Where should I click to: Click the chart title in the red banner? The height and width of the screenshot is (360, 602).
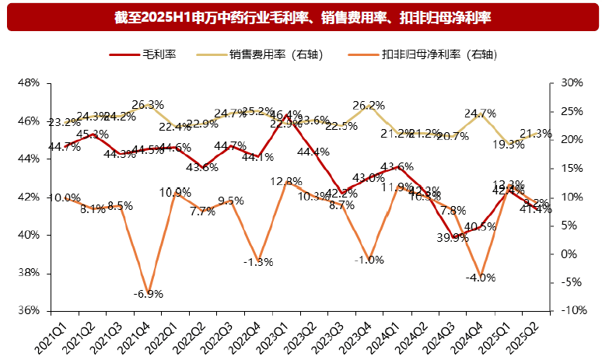point(301,16)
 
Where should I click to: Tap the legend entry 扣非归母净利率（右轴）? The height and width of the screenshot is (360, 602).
point(439,54)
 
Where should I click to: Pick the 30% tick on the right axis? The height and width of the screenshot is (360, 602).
point(571,82)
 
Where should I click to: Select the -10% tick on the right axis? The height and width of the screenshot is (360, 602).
point(572,311)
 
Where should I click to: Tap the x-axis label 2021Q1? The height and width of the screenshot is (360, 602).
point(49,335)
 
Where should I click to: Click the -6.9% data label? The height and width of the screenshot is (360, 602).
point(147,294)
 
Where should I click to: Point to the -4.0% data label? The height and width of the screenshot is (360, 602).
point(480,278)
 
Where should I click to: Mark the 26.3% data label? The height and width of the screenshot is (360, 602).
point(148,105)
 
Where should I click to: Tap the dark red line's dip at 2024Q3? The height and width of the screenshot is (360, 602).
point(453,237)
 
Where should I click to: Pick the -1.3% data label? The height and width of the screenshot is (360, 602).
point(258,262)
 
